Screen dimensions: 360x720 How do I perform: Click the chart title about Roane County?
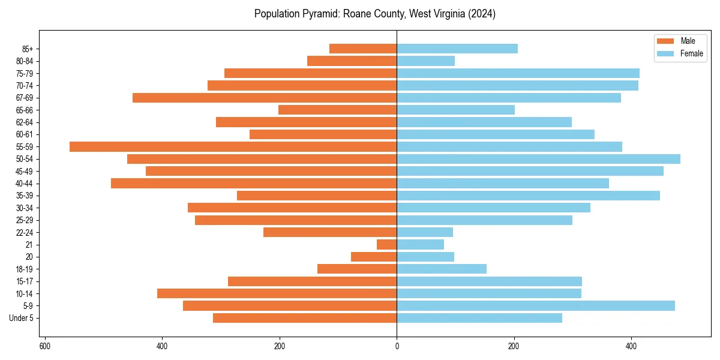[374, 14]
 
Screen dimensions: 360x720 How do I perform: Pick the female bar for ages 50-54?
[538, 159]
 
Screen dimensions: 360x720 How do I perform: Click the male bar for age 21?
[386, 244]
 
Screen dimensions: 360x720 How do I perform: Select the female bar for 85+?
[457, 49]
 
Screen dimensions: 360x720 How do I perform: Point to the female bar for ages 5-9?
[535, 305]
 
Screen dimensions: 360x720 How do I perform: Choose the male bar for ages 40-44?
[254, 183]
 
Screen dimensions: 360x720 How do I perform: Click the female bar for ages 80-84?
[425, 61]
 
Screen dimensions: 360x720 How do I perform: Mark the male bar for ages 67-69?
[265, 98]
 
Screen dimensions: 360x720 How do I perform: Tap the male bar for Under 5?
[305, 318]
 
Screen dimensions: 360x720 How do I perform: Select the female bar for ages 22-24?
[425, 232]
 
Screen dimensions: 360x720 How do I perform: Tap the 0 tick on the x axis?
[397, 346]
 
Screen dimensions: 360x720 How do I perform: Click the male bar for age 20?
[374, 257]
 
